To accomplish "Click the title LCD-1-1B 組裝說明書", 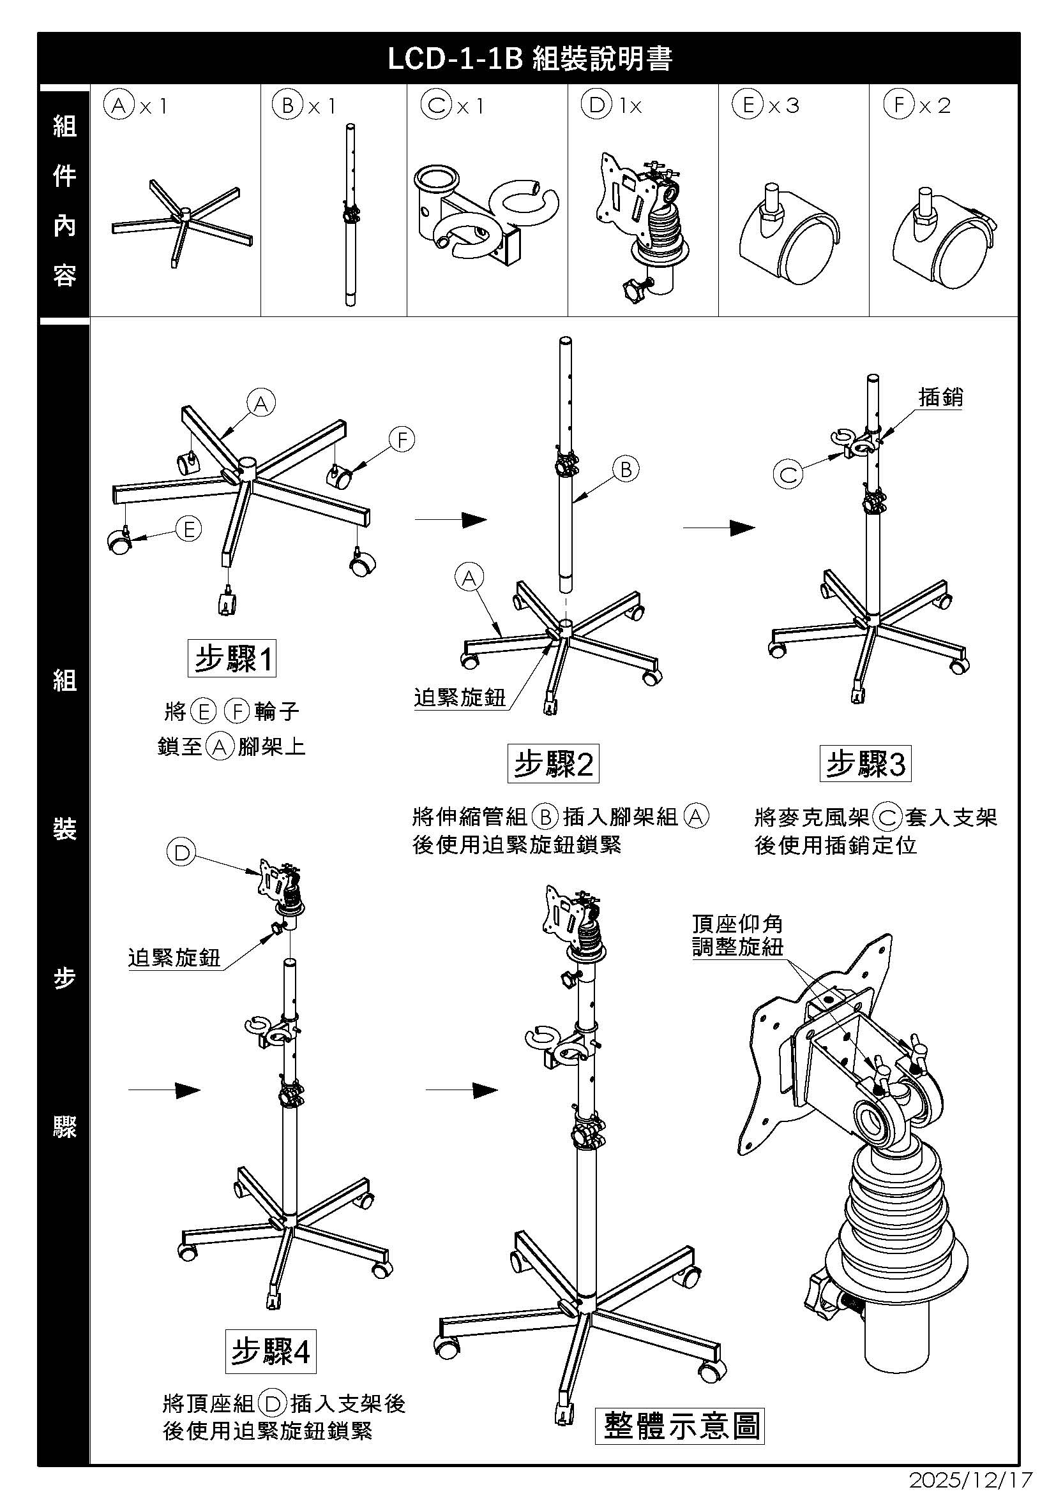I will [x=529, y=59].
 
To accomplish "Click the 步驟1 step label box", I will [x=232, y=659].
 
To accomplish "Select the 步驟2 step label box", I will [x=553, y=764].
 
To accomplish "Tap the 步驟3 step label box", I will [x=865, y=764].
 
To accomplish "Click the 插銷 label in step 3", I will [x=940, y=397].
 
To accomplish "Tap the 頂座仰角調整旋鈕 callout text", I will [x=737, y=935].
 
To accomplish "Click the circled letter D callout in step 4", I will [x=181, y=853].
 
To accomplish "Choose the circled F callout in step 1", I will [x=402, y=440].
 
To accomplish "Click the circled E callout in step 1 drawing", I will [x=188, y=529].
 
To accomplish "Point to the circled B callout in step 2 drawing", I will [x=626, y=469].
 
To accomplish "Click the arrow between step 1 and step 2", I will [x=451, y=519].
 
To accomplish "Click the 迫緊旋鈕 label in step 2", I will [x=460, y=698].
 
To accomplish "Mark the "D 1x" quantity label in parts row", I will [x=611, y=105].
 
